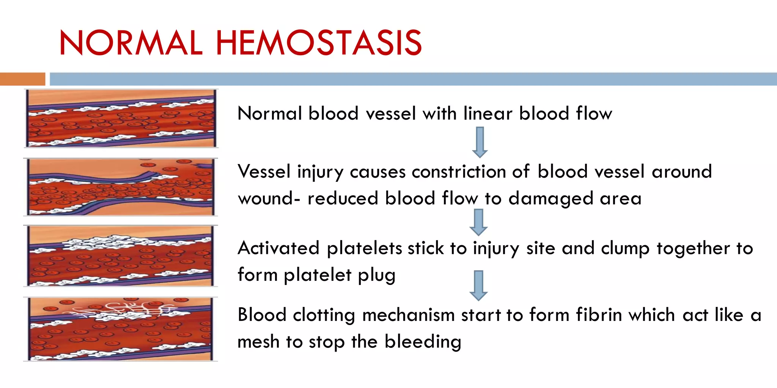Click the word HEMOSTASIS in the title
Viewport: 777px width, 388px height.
coord(319,42)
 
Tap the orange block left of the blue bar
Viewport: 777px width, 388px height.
coord(22,79)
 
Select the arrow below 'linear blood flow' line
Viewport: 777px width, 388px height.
coord(480,142)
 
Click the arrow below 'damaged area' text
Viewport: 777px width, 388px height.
coord(478,222)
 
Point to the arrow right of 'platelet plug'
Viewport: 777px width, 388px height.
coord(478,285)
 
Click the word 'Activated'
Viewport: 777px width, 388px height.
coord(278,248)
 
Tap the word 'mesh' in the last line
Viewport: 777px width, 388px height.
coord(258,342)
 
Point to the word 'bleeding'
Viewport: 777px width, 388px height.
coord(423,342)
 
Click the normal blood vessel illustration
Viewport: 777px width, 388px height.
coord(121,118)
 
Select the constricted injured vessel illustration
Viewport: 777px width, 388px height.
coord(121,187)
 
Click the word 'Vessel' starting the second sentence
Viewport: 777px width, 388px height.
coord(264,172)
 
